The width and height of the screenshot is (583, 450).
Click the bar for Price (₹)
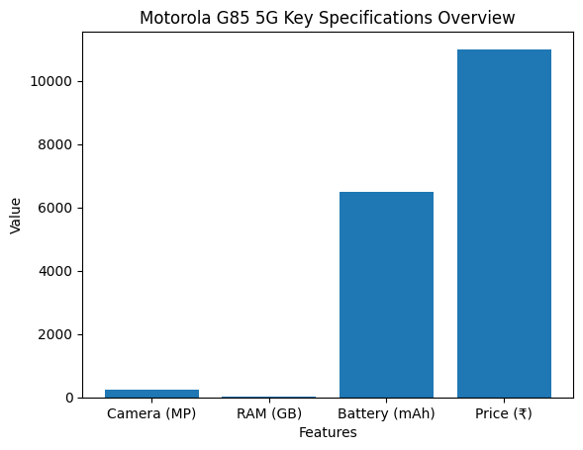pyautogui.click(x=504, y=224)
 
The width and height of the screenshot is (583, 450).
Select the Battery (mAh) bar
pyautogui.click(x=386, y=295)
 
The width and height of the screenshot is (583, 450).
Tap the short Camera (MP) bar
pyautogui.click(x=151, y=393)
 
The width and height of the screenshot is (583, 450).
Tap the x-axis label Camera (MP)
pyautogui.click(x=151, y=414)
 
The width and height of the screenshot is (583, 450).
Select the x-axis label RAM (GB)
pyautogui.click(x=268, y=414)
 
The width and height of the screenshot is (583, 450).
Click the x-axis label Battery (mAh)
pyautogui.click(x=386, y=414)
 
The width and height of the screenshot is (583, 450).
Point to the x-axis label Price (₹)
pyautogui.click(x=504, y=414)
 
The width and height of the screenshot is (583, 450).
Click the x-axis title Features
pyautogui.click(x=328, y=432)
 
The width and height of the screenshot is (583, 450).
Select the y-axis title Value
pyautogui.click(x=16, y=215)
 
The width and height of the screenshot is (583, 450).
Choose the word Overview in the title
pyautogui.click(x=480, y=19)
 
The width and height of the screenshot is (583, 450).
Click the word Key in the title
pyautogui.click(x=292, y=19)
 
